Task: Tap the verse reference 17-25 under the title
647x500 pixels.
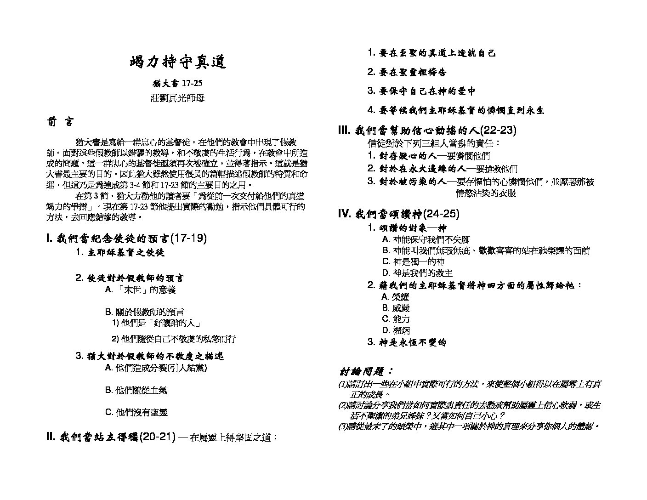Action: pyautogui.click(x=192, y=83)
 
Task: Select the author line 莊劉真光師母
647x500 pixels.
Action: pyautogui.click(x=177, y=98)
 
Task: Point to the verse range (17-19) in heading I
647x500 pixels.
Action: pyautogui.click(x=188, y=239)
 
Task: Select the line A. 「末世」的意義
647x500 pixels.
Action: pyautogui.click(x=140, y=290)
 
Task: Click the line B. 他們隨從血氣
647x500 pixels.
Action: pyautogui.click(x=136, y=390)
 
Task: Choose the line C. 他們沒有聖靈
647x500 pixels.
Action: pyautogui.click(x=136, y=412)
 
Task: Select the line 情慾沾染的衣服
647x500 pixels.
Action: pyautogui.click(x=486, y=193)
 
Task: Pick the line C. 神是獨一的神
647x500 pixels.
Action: pyautogui.click(x=413, y=261)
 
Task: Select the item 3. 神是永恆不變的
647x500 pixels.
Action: pyautogui.click(x=407, y=342)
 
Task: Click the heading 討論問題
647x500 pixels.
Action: pyautogui.click(x=366, y=371)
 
